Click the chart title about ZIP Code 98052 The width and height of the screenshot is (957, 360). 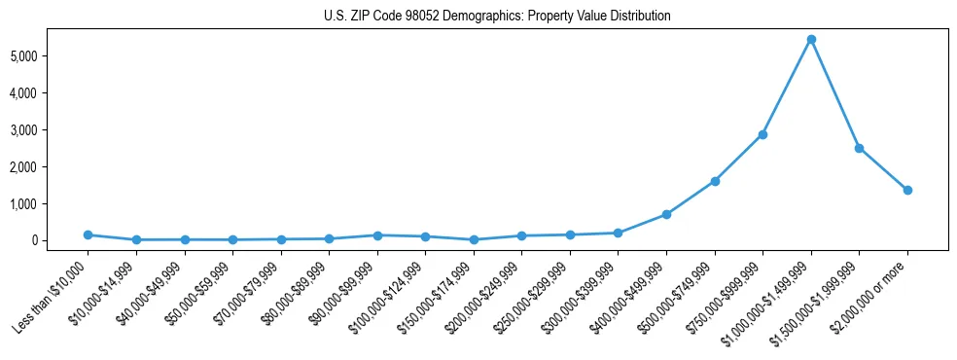(x=497, y=17)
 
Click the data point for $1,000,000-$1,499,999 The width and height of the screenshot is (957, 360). (x=811, y=40)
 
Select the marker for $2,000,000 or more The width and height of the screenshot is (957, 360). (x=907, y=190)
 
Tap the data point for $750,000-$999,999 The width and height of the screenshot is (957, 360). (x=762, y=134)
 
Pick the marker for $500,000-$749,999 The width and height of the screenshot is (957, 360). (x=715, y=181)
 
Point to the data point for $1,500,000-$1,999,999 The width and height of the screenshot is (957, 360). (x=859, y=148)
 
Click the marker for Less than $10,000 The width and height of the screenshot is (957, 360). (x=88, y=234)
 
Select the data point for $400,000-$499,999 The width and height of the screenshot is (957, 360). (x=666, y=214)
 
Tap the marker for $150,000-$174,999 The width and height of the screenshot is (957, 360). (x=474, y=239)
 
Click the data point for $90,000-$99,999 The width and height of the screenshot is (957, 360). (x=377, y=235)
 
